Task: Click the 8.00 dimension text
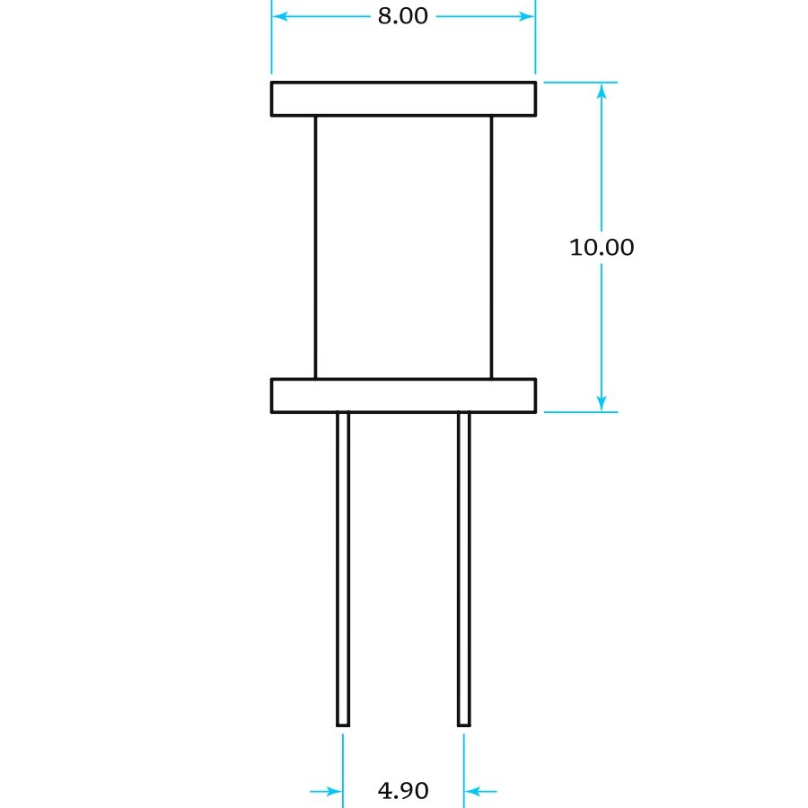(x=402, y=16)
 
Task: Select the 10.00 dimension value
(x=602, y=248)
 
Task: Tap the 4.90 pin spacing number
(x=403, y=790)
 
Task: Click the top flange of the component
(x=403, y=99)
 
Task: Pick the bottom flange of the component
(x=403, y=396)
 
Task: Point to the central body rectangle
(x=403, y=248)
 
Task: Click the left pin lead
(x=343, y=569)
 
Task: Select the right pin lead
(x=464, y=569)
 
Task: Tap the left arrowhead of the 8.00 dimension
(x=280, y=16)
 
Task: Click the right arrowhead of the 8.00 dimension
(x=527, y=16)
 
